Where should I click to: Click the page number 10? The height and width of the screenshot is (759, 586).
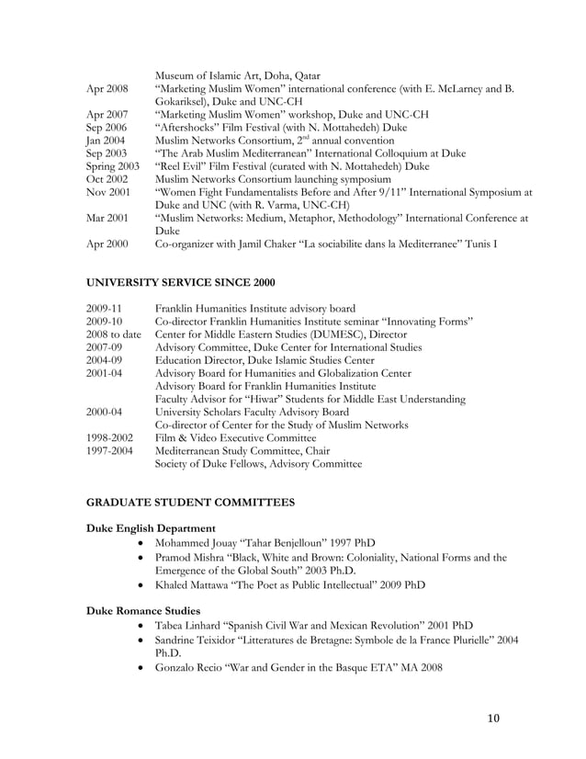pyautogui.click(x=493, y=719)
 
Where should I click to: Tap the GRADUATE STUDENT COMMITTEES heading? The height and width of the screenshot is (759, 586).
pyautogui.click(x=190, y=504)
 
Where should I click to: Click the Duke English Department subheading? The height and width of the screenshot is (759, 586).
pyautogui.click(x=151, y=529)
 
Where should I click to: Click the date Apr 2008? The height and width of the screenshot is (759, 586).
pyautogui.click(x=107, y=89)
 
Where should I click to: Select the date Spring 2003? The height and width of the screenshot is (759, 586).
pyautogui.click(x=113, y=166)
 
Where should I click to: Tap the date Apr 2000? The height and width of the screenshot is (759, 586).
pyautogui.click(x=107, y=244)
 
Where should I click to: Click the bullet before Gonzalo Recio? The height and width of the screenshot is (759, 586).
pyautogui.click(x=138, y=668)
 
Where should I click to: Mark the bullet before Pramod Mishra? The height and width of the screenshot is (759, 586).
pyautogui.click(x=138, y=558)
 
